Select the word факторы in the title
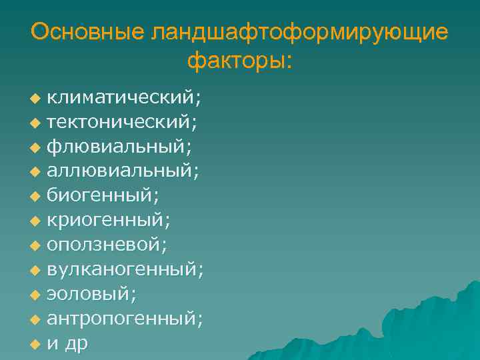(x=237, y=62)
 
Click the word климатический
(x=121, y=98)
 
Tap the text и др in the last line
(x=67, y=343)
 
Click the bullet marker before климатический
(x=35, y=99)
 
